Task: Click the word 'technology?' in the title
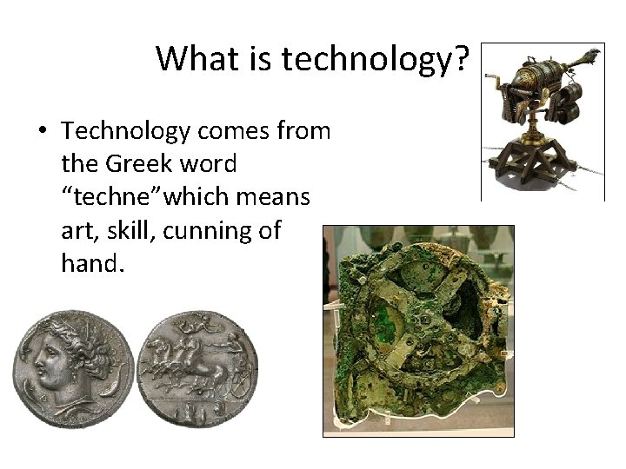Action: (376, 59)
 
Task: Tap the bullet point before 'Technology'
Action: (42, 132)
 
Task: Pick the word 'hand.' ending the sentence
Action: (92, 263)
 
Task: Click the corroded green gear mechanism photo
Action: (417, 330)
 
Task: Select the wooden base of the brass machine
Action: (539, 169)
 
